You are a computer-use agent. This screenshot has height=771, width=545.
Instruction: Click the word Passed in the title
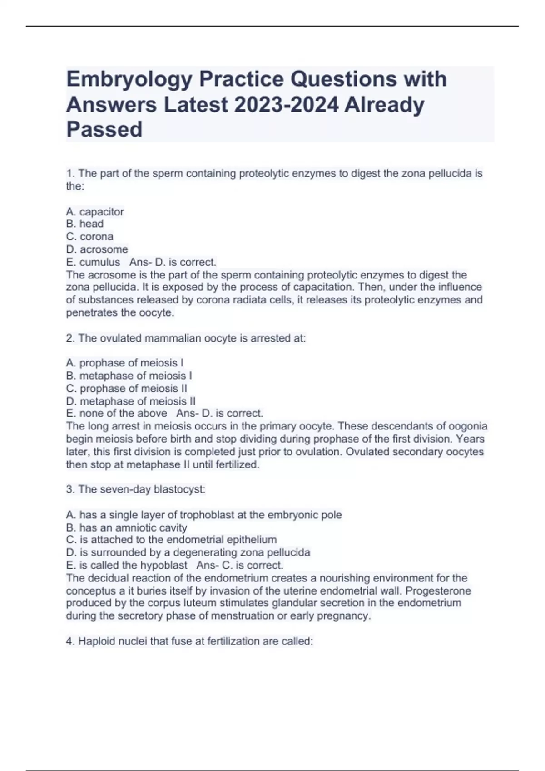(104, 130)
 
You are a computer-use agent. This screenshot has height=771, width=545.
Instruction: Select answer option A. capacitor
(95, 212)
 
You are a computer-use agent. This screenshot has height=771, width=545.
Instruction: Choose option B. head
(85, 224)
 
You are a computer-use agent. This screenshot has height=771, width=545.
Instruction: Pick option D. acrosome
(97, 249)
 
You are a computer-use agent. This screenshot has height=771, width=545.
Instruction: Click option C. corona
(90, 236)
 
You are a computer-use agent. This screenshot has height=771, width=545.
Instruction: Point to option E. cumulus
(93, 262)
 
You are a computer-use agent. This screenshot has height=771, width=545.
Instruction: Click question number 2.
(70, 338)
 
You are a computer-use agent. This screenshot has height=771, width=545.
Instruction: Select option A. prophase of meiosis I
(125, 363)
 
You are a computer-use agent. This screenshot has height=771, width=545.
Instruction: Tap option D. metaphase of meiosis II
(131, 401)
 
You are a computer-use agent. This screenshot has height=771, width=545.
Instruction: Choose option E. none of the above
(117, 413)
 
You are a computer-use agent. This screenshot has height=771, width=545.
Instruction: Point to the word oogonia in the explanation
(468, 426)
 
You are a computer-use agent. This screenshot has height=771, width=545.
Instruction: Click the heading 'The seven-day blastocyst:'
(136, 489)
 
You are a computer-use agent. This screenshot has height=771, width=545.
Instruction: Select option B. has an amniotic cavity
(127, 527)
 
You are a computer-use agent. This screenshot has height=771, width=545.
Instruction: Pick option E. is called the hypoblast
(127, 565)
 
